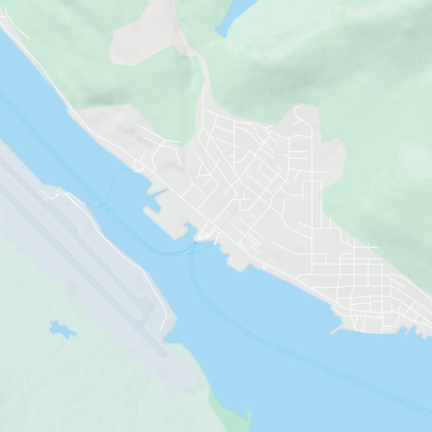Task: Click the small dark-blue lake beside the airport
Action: coord(62,329)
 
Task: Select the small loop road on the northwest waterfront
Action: coord(138,165)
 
